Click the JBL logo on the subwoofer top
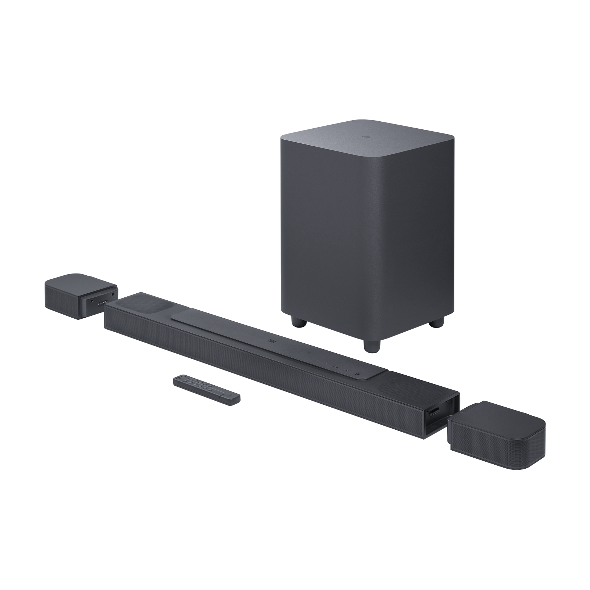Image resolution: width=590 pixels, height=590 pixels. (x=365, y=137)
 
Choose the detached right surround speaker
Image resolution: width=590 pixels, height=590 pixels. (x=496, y=434)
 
